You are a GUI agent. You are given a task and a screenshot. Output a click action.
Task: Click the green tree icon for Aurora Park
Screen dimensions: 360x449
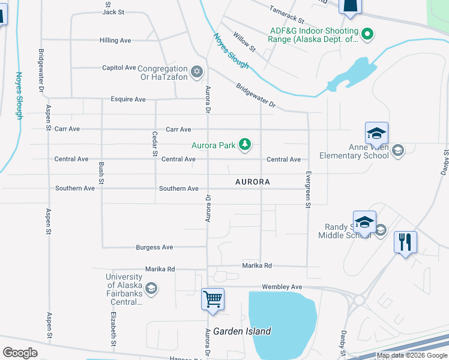coord(244,145)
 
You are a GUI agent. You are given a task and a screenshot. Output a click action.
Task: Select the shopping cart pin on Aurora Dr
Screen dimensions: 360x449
coord(212,299)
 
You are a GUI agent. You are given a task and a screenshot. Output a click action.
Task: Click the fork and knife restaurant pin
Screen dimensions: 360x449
coord(405,242)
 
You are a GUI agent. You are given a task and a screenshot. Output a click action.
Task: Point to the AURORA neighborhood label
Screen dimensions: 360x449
coord(252,181)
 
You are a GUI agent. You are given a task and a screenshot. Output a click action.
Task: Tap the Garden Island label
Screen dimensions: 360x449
coord(246,331)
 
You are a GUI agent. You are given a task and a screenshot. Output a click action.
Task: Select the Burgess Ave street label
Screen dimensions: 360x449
coord(154,247)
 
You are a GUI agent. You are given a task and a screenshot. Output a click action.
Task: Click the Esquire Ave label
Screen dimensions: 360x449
coord(128,99)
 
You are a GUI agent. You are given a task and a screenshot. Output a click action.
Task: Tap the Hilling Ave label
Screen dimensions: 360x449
coord(115,40)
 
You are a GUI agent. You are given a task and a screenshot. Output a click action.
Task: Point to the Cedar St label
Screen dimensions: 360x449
coord(155,145)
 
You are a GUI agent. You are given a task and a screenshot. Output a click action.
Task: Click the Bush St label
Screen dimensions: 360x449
coord(101,173)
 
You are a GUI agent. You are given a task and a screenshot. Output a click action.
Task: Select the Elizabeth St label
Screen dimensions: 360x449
coord(112,325)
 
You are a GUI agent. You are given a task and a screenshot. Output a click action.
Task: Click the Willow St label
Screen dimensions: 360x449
coord(244,42)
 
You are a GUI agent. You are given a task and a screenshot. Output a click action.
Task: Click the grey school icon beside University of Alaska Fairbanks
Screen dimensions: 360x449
coord(151,289)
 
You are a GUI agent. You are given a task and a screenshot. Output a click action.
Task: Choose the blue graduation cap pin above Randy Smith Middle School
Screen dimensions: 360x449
coord(364,222)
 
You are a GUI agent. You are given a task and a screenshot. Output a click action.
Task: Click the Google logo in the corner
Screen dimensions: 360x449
coord(20,353)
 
